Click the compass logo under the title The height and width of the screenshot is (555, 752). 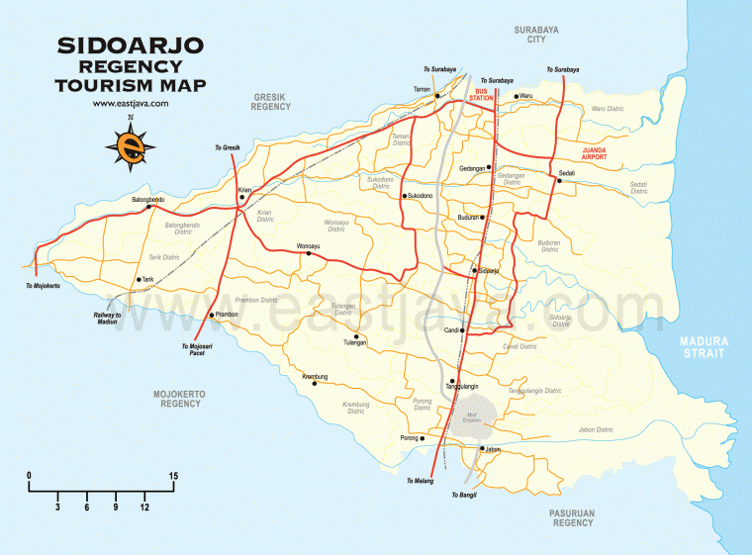(130, 146)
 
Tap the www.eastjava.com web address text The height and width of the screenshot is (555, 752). (130, 103)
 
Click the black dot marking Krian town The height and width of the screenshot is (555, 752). (242, 196)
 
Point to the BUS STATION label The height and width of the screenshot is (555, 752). (481, 95)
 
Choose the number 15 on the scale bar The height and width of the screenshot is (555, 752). (173, 477)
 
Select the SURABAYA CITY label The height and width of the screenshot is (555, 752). (537, 36)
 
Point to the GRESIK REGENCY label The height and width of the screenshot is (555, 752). (271, 102)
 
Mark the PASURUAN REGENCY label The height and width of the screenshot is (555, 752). (573, 517)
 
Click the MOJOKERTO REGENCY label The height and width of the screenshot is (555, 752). (179, 399)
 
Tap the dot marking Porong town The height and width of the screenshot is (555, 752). (423, 437)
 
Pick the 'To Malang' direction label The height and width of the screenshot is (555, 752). (420, 481)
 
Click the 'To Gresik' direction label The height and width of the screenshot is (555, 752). (229, 147)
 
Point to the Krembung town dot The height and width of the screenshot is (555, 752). (314, 384)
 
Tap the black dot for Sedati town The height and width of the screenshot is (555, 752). (559, 181)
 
